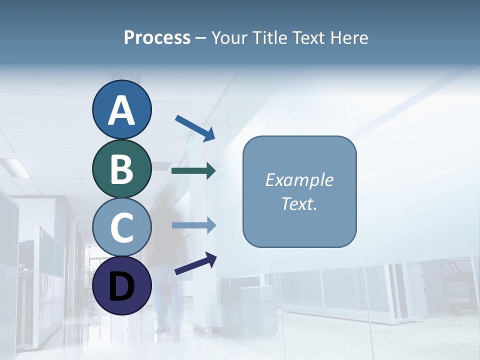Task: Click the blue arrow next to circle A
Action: (195, 128)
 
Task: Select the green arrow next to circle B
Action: (193, 171)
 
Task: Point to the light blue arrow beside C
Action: (193, 225)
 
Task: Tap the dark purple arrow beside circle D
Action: (195, 263)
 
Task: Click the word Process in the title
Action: (157, 38)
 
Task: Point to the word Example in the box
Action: (299, 180)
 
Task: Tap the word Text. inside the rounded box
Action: (299, 203)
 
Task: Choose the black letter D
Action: (121, 286)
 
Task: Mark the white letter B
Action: (121, 168)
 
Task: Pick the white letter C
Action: (121, 227)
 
